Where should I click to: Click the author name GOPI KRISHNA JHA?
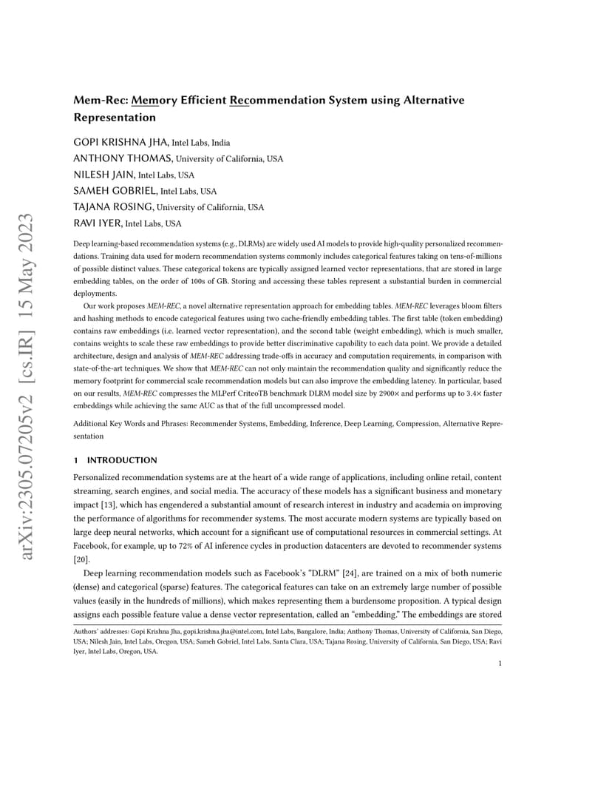click(121, 142)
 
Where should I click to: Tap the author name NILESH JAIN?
click(104, 175)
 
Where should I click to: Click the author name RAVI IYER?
click(98, 223)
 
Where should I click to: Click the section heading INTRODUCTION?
click(122, 460)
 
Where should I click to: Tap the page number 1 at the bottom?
click(500, 664)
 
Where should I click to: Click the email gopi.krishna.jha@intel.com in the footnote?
click(222, 632)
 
